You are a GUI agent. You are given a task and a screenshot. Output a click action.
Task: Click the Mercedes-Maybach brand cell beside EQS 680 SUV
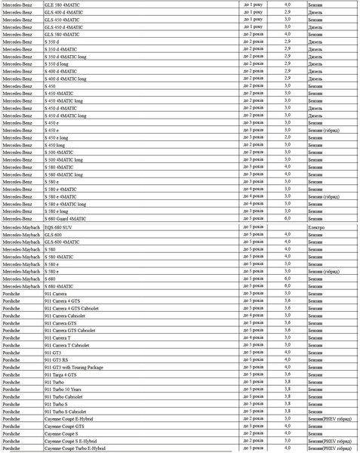pyautogui.click(x=20, y=226)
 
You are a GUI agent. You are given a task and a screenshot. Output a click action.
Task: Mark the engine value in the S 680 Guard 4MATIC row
pyautogui.click(x=287, y=217)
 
